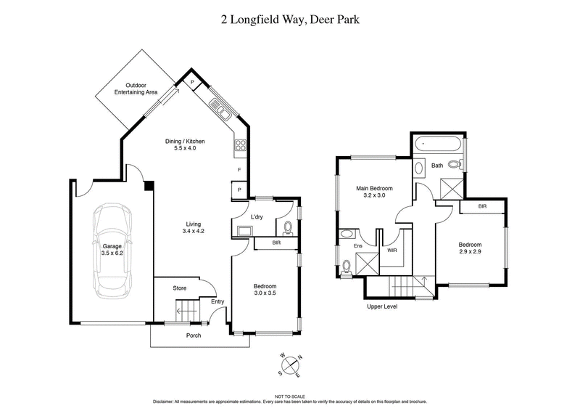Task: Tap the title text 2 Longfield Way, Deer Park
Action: tap(290, 20)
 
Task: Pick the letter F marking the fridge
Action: tap(239, 171)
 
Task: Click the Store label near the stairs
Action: tap(179, 288)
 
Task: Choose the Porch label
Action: tap(193, 335)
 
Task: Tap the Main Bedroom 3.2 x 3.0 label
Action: tap(373, 192)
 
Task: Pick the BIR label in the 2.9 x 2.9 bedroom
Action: tap(482, 207)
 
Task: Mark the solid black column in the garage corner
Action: tap(149, 186)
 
